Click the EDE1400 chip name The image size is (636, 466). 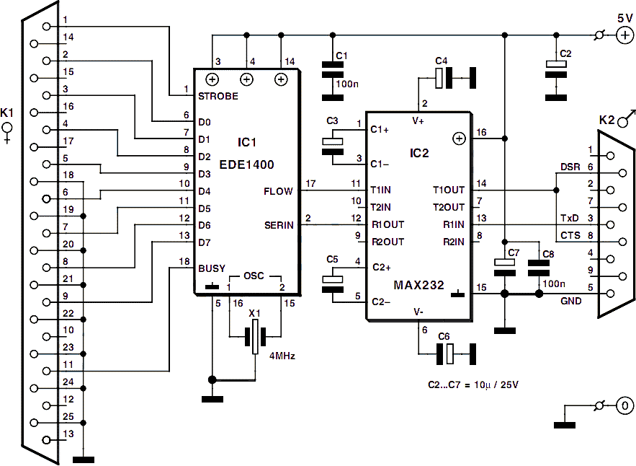coord(246,164)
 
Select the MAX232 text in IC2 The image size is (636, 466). coord(419,285)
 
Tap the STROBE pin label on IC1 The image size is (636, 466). coord(218,96)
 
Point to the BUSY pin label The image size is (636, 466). coord(212,268)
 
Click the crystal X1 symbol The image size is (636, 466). coord(255,336)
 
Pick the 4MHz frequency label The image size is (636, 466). coord(282,356)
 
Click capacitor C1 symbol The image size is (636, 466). coord(333,81)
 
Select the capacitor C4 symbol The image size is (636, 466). coord(455,78)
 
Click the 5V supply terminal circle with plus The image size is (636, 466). coord(624,35)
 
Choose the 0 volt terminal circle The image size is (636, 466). coord(624,405)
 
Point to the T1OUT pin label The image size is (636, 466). coord(449,190)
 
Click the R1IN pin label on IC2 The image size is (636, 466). coord(454,224)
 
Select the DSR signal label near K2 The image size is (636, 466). coord(570,167)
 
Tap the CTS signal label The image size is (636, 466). coord(570,236)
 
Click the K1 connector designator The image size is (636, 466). coord(7,113)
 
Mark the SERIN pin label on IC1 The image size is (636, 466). coord(279,224)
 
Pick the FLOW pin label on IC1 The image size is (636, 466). coord(278,191)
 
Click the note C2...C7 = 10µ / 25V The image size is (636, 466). coord(473,384)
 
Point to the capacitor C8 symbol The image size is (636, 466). coord(539,268)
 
